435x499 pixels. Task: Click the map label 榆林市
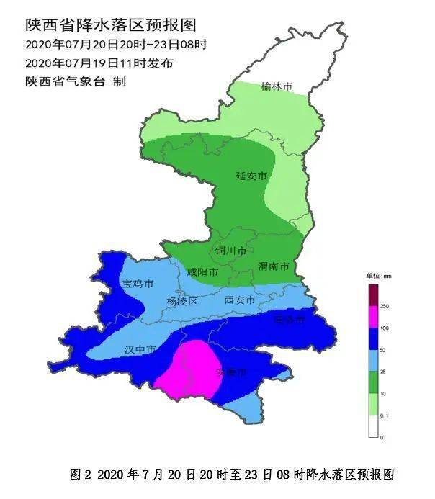[x=277, y=87]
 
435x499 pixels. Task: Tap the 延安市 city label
[x=251, y=176]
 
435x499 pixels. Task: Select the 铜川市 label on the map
[x=230, y=251]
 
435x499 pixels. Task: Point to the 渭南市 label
[x=274, y=266]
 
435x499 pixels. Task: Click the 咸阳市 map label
[x=202, y=272]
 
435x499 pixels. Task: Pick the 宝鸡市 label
[x=138, y=285]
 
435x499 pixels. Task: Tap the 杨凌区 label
[x=181, y=301]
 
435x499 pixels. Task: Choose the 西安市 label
[x=240, y=300]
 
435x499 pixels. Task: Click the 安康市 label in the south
[x=232, y=372]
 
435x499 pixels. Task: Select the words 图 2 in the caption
[x=81, y=475]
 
